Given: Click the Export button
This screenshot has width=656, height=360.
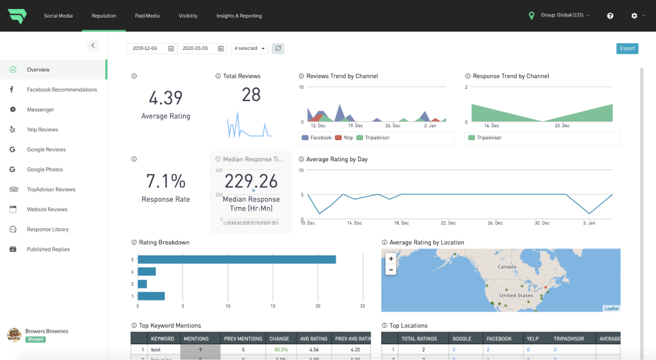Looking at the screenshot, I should point(627,49).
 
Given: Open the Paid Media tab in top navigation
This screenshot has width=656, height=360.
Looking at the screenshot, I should point(147,16).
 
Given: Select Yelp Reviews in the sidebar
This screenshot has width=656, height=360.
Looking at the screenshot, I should point(42,130).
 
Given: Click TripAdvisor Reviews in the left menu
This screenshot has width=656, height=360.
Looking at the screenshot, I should point(51,189).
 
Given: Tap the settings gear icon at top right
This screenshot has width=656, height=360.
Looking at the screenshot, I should point(634,16).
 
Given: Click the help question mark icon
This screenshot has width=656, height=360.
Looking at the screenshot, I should point(610,16).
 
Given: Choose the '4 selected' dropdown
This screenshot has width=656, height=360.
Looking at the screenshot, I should point(249,49).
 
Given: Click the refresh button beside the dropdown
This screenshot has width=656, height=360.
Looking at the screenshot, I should point(278,49).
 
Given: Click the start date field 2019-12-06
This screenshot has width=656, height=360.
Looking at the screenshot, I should point(152,49).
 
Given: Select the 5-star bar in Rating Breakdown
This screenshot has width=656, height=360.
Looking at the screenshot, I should point(236,260).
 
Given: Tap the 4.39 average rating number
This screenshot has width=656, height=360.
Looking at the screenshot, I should point(165,98).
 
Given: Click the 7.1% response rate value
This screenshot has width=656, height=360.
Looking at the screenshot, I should point(165,181).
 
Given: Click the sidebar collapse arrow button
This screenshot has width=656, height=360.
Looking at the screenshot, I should point(94,46).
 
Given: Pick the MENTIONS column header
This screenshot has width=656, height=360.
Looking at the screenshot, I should point(196,339).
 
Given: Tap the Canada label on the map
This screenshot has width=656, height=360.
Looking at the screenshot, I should point(507,267).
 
